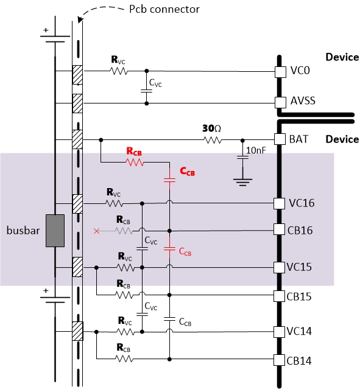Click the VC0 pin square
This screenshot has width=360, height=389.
280,72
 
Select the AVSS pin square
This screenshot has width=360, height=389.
280,102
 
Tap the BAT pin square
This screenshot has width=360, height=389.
280,139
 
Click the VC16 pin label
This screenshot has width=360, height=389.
302,203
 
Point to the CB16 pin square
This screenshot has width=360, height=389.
279,230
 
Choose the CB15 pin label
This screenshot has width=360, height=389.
299,296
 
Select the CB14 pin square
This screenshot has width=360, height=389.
279,360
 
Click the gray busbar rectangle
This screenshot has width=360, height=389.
55,231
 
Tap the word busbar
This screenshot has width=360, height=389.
23,231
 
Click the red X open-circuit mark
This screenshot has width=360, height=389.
96,231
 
